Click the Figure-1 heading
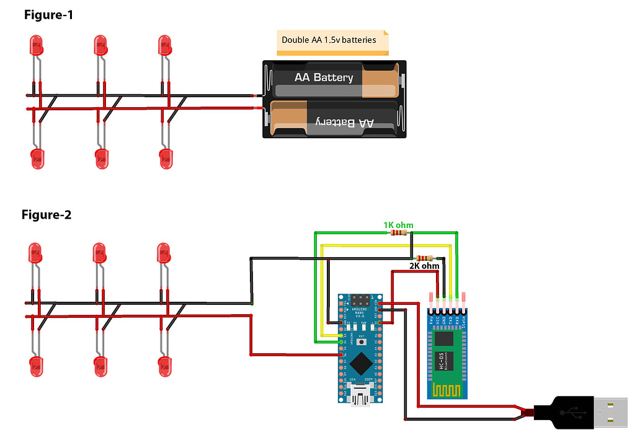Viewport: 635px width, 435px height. coord(48,15)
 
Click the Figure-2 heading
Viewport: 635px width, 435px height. coord(47,215)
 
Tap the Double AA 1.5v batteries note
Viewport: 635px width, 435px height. coord(329,40)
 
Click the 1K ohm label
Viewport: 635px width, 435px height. coord(398,224)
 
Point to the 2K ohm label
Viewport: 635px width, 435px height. coord(424,266)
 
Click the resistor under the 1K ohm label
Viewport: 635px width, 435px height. coord(397,233)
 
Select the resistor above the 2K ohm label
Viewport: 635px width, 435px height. coord(424,258)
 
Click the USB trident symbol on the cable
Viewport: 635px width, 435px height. coord(571,411)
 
